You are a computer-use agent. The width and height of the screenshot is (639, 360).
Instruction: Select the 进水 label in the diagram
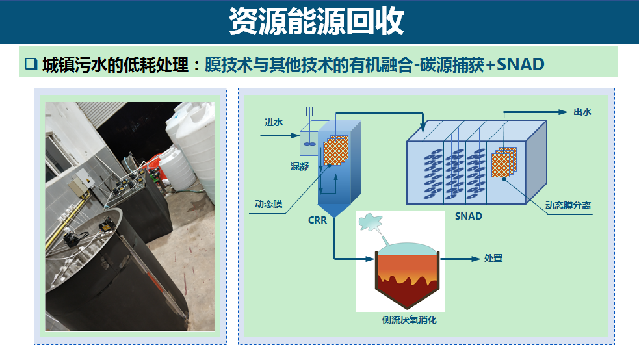pos(273,122)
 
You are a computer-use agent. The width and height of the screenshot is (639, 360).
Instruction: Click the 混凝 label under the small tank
pos(300,166)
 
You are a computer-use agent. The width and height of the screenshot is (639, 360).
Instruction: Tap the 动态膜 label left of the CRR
pos(268,204)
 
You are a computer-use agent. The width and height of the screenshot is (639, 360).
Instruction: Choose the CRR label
pos(317,220)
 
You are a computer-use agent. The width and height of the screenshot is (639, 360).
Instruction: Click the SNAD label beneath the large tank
pos(468,216)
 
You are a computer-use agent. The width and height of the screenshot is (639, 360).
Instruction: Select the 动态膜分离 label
pos(568,205)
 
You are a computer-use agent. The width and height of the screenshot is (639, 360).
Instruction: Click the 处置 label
pos(493,258)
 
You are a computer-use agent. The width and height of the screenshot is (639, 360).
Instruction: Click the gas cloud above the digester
pos(372,222)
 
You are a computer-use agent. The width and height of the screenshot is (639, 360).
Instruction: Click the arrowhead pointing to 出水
pos(564,112)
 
